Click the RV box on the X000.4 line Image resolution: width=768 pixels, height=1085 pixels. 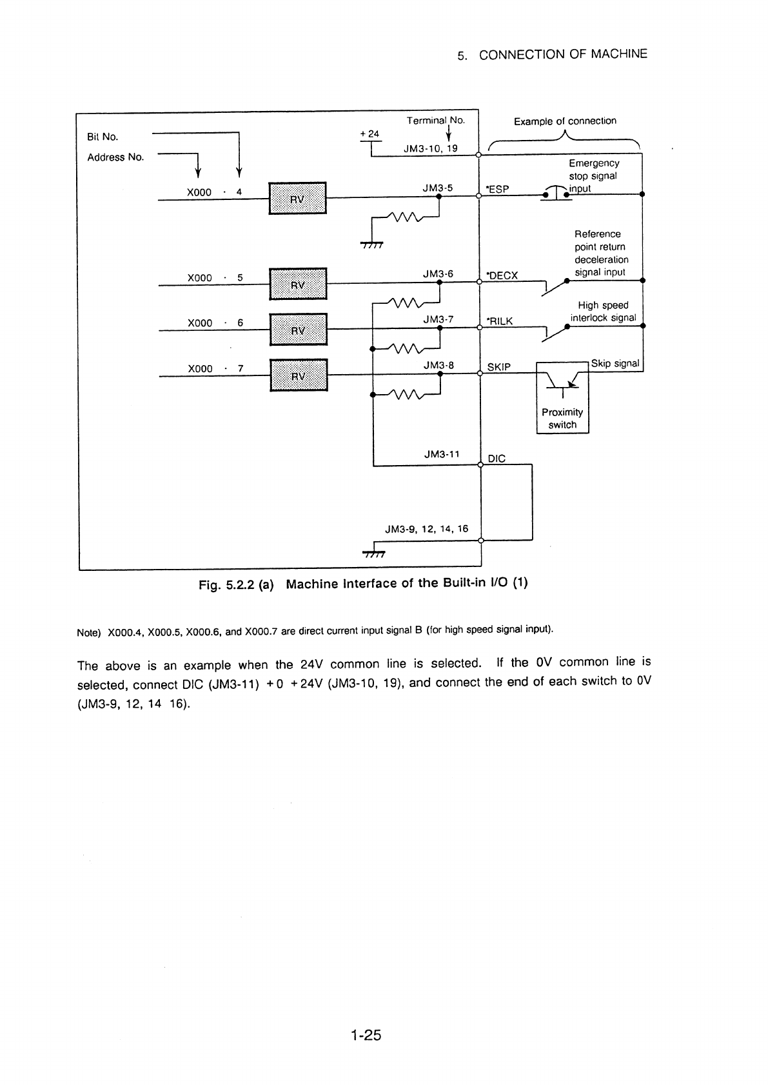coord(297,198)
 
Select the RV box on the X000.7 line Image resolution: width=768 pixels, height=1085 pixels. coord(299,375)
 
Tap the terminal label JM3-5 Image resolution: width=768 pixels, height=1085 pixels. coord(438,188)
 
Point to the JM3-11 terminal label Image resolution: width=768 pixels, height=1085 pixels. coord(442,454)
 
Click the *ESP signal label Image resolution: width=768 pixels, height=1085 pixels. coord(497,190)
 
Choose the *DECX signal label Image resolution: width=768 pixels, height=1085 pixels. coord(502,275)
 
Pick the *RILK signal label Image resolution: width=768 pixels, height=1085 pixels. coord(499,321)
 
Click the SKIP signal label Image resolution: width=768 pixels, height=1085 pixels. coord(498,367)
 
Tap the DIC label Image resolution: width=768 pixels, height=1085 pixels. coord(497,458)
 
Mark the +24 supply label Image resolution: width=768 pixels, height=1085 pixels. coord(369,134)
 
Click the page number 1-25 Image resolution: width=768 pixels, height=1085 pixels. coord(366,1035)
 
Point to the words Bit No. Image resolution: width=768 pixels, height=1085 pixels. coord(102,137)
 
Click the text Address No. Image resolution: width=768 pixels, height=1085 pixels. coord(115,157)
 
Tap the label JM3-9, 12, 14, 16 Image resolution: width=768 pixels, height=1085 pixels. coord(427,529)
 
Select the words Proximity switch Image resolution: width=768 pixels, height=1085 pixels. coord(562,419)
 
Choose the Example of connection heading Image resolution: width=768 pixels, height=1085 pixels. coord(565,121)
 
